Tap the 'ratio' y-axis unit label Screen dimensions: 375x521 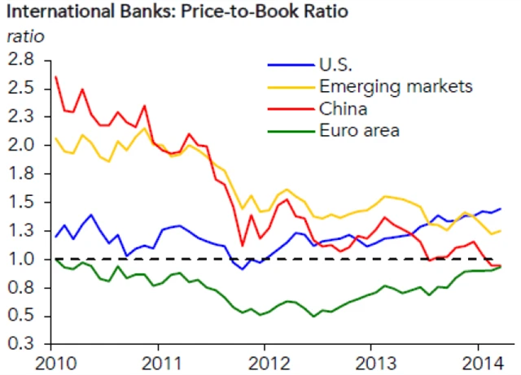pyautogui.click(x=26, y=37)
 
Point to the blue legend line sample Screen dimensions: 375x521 pyautogui.click(x=289, y=65)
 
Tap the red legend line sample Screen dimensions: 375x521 pyautogui.click(x=289, y=107)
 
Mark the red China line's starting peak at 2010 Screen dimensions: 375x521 pyautogui.click(x=55, y=77)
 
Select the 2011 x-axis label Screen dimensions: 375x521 pyautogui.click(x=160, y=362)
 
